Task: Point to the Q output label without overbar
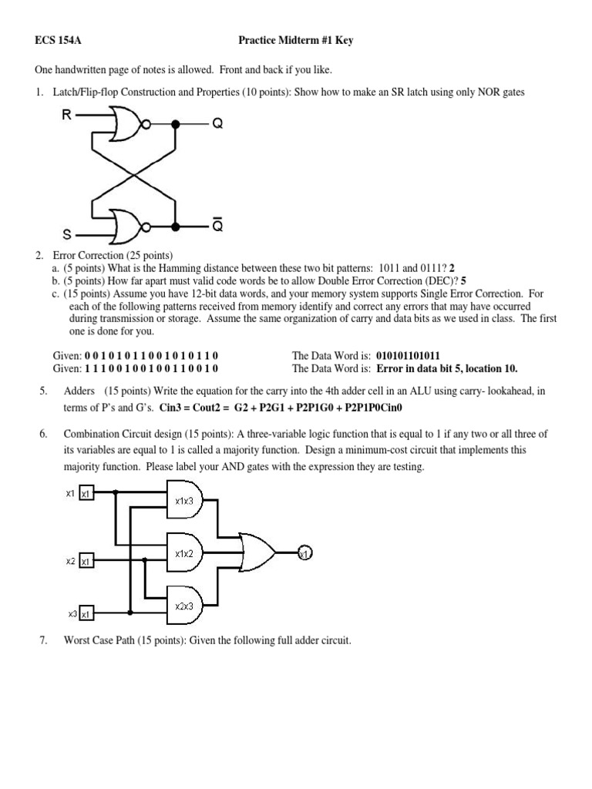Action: click(x=217, y=124)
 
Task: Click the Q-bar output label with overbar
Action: click(x=217, y=226)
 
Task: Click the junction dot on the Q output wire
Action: click(x=177, y=124)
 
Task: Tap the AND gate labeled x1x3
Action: click(x=186, y=501)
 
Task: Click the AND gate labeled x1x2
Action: click(x=186, y=553)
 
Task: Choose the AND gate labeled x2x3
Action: click(x=186, y=606)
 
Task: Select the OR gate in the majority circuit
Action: click(x=257, y=552)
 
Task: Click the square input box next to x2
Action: click(x=86, y=562)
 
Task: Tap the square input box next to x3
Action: click(x=86, y=614)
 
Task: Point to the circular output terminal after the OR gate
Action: click(x=304, y=553)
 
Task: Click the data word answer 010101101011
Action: click(x=408, y=356)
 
